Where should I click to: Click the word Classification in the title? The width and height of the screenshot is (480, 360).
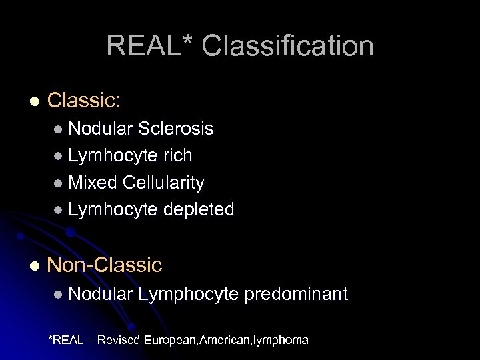tap(287, 46)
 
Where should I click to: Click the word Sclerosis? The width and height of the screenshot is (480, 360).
tap(175, 129)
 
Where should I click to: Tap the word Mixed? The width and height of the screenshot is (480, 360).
tap(92, 183)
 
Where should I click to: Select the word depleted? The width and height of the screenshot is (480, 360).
tap(198, 209)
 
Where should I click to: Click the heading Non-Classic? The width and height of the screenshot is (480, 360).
tap(105, 265)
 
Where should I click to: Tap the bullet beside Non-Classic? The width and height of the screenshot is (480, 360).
tap(35, 265)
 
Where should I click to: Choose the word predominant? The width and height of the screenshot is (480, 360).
tap(296, 294)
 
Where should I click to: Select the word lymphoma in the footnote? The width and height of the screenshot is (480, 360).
tap(279, 340)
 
